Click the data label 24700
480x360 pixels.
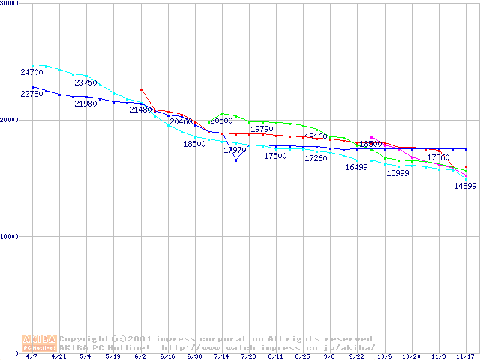(x=32, y=73)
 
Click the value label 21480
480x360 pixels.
(x=140, y=110)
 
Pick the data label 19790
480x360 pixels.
(x=262, y=129)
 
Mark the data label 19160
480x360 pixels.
(x=316, y=137)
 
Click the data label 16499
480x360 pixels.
(x=356, y=168)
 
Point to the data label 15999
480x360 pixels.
(x=397, y=174)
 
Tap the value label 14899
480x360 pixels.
(x=465, y=187)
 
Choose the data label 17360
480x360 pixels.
(x=438, y=158)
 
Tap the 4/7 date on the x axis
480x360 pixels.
(x=31, y=356)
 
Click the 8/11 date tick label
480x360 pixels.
(x=275, y=356)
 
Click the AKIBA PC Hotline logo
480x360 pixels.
(x=40, y=343)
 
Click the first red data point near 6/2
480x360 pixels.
(x=141, y=89)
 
